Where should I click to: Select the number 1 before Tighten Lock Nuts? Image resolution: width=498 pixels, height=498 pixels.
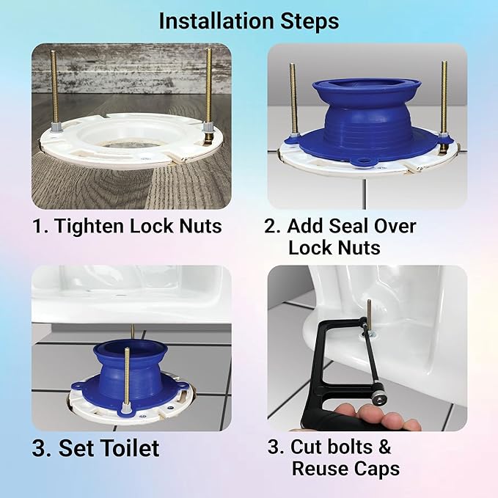38,226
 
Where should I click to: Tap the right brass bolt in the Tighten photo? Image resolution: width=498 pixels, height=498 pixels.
209,84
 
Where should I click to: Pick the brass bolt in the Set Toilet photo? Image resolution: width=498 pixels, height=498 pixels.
127,374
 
